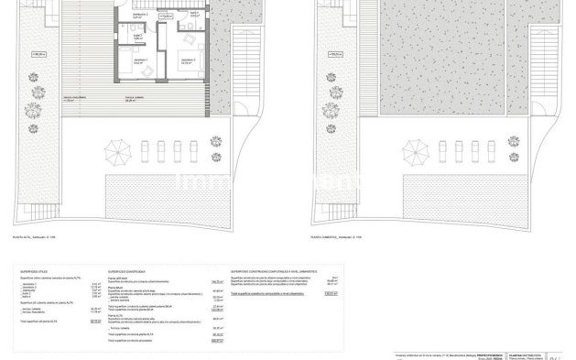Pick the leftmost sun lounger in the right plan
click(x=434, y=149)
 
